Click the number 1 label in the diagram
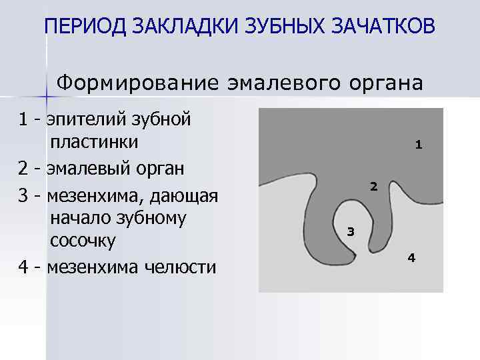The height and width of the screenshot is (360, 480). point(418,144)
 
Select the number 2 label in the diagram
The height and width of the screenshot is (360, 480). point(373,187)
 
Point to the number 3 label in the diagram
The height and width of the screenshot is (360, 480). point(351,232)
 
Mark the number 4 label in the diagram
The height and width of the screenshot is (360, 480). point(411,257)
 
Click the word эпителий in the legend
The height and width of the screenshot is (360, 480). point(87,120)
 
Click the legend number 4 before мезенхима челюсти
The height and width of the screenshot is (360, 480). point(24,267)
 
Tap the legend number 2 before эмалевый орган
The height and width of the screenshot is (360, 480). point(24,167)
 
